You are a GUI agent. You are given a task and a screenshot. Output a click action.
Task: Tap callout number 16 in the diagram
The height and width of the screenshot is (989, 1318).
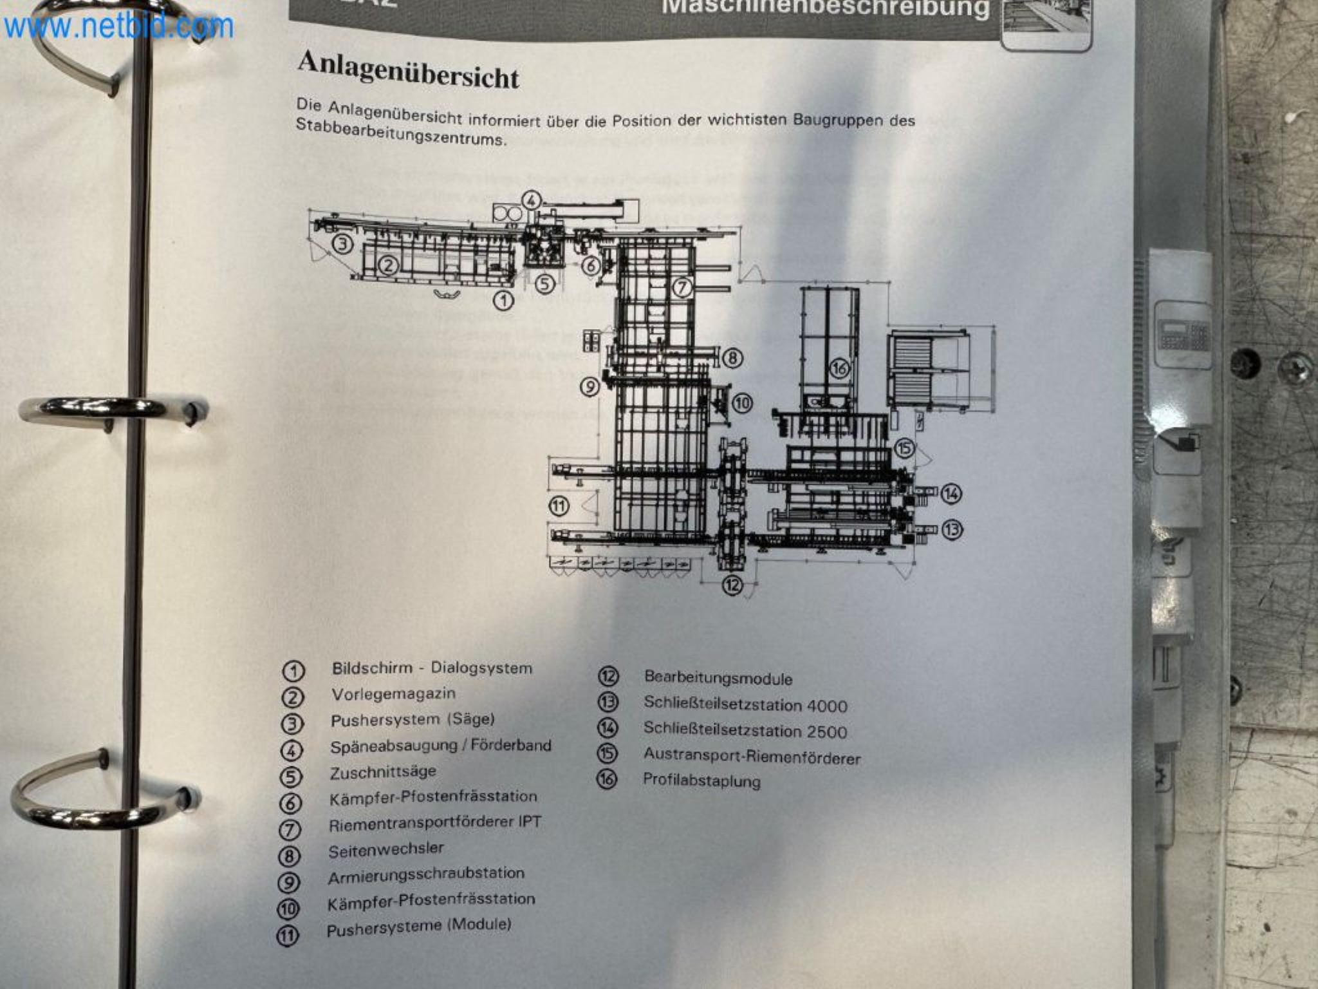839,368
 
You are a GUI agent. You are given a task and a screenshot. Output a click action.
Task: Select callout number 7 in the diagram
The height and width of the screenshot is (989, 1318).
682,287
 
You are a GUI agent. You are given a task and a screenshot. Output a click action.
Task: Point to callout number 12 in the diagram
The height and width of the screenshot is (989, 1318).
732,585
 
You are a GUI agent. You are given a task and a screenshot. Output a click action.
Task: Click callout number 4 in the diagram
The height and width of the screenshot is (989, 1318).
531,200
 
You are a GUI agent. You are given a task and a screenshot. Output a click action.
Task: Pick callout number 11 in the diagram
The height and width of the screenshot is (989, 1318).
559,505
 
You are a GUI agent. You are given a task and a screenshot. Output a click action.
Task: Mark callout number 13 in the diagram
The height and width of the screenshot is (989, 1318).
952,529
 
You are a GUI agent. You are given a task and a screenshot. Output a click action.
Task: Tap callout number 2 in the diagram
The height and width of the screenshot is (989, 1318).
387,265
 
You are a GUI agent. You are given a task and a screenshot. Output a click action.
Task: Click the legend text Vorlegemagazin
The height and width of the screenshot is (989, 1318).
393,694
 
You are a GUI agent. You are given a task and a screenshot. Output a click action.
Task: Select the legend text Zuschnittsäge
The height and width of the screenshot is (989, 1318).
383,771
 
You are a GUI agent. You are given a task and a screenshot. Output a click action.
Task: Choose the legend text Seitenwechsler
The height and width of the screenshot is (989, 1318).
386,851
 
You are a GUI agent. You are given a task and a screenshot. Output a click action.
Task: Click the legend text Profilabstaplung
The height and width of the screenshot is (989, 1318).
701,780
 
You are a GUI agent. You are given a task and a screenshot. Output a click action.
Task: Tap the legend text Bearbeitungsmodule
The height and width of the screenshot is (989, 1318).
718,678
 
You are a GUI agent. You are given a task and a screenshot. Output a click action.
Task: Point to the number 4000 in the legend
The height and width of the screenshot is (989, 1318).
826,706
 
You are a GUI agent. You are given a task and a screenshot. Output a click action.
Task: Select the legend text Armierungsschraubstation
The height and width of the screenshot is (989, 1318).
426,875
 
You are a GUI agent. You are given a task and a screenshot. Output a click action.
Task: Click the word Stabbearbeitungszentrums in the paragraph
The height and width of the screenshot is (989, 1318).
400,133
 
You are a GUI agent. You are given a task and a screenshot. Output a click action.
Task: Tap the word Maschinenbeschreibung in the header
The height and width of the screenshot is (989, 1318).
825,8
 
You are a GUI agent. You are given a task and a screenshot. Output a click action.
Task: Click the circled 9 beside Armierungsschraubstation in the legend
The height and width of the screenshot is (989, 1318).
289,881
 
